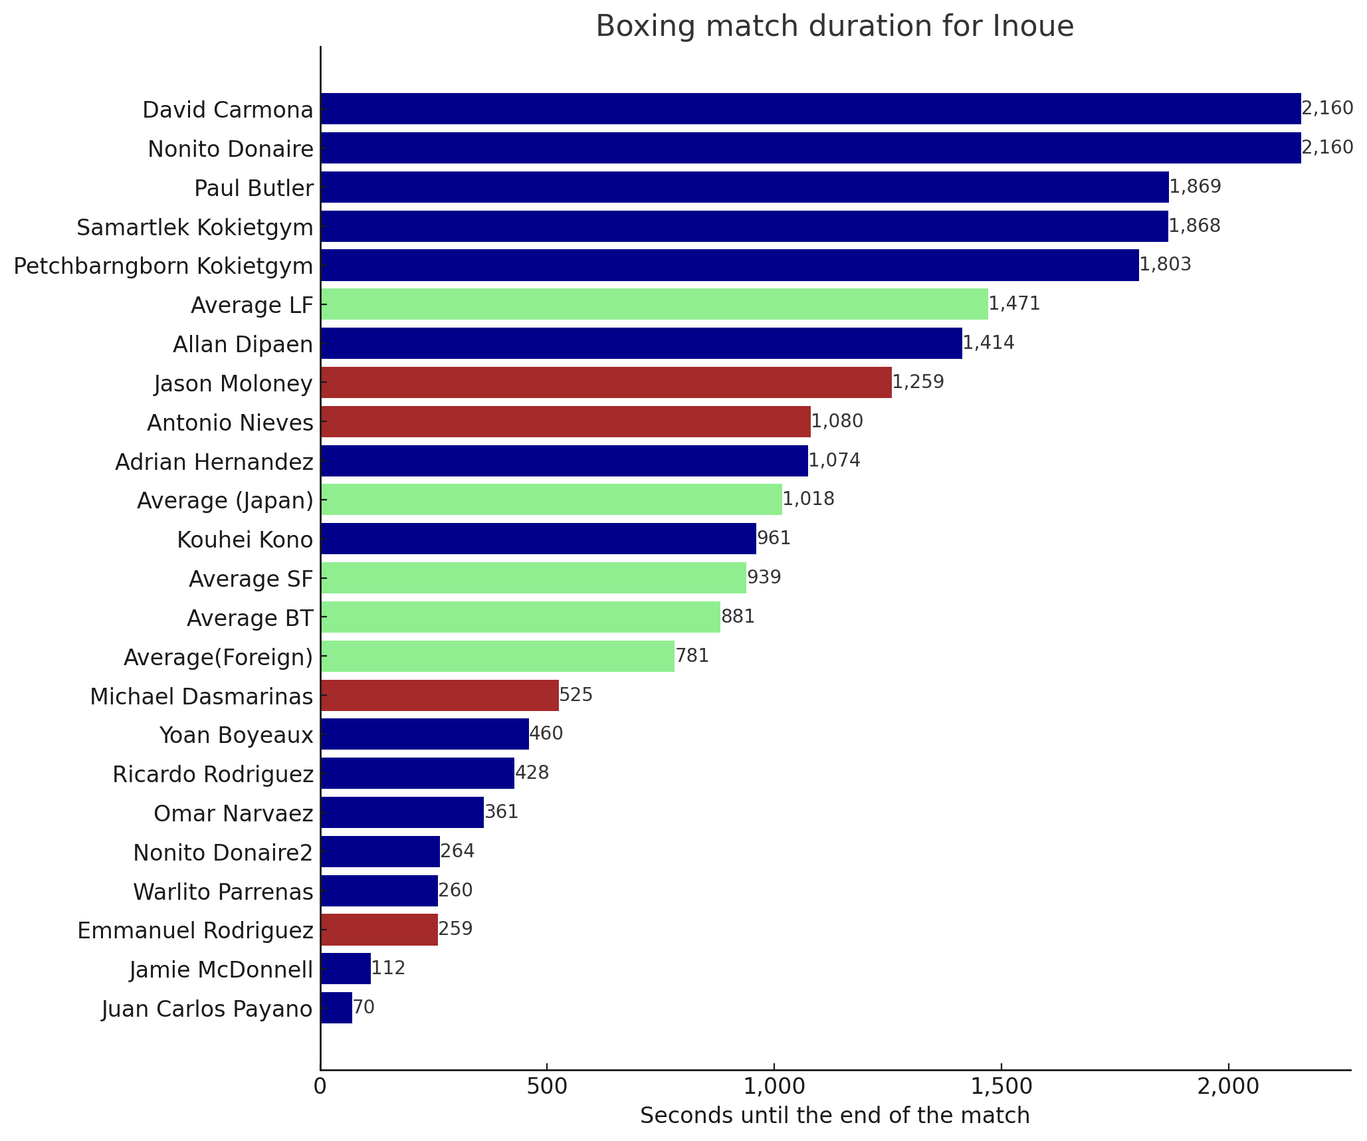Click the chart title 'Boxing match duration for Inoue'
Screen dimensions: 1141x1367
[x=834, y=27]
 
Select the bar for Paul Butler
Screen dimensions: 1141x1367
[x=744, y=187]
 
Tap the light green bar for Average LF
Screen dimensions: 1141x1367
[x=654, y=304]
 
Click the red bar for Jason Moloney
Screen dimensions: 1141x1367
[x=605, y=383]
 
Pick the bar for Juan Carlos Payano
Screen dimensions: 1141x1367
[x=336, y=1008]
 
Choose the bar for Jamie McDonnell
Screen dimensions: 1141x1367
[x=346, y=969]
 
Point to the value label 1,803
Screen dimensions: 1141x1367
[x=1165, y=265]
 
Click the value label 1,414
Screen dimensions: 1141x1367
[x=988, y=344]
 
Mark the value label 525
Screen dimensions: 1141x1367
[x=576, y=696]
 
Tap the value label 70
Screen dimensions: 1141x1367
[x=364, y=1008]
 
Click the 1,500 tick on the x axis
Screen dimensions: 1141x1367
[x=1001, y=1086]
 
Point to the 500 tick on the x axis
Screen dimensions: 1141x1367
[x=546, y=1086]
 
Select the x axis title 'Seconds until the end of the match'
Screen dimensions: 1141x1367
[x=834, y=1116]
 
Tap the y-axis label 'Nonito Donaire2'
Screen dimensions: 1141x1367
[x=223, y=853]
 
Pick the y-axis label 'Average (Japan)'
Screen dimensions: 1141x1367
[x=225, y=500]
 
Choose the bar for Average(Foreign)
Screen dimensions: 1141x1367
[x=497, y=657]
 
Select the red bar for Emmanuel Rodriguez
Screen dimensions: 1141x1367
[x=379, y=930]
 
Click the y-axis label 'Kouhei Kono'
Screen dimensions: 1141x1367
[x=245, y=540]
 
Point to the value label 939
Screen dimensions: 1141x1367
[x=764, y=577]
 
